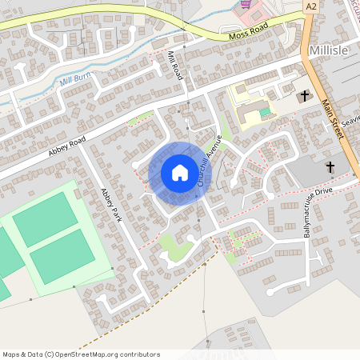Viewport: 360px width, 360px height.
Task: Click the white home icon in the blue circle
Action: (x=179, y=173)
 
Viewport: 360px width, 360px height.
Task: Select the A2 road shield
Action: (x=311, y=6)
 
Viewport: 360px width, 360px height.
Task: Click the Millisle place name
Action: (x=328, y=50)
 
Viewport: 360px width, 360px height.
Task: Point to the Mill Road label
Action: (x=175, y=65)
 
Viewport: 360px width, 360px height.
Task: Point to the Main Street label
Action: (x=338, y=116)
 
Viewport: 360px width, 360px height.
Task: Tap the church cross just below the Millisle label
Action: (x=304, y=96)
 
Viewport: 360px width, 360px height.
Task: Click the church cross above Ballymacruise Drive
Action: (x=330, y=167)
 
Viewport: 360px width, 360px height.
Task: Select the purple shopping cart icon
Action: (x=246, y=5)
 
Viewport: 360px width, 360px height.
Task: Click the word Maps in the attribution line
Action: (x=11, y=354)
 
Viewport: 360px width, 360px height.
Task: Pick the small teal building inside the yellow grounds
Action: (x=266, y=113)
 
